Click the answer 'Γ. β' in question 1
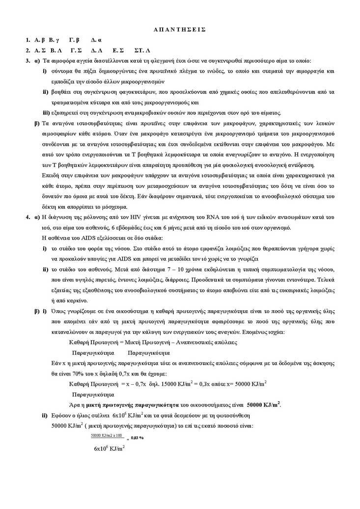tap(74, 40)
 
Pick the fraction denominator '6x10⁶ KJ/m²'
tap(109, 448)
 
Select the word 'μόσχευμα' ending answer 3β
tap(113, 206)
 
